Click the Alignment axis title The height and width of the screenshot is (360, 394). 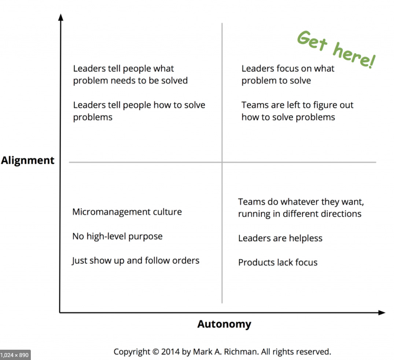click(27, 161)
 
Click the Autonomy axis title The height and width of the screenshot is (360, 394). click(224, 324)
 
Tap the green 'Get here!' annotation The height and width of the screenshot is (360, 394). click(335, 50)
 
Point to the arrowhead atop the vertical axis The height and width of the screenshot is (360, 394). click(61, 17)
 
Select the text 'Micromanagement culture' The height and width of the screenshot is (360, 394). click(127, 212)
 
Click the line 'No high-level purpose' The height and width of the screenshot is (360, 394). click(117, 236)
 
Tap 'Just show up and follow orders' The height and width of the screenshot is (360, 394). click(136, 261)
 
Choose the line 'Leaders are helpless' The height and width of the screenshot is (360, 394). click(280, 238)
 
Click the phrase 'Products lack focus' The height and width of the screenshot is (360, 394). click(277, 262)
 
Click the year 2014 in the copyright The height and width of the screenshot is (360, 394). click(170, 352)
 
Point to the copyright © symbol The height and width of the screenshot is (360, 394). click(155, 352)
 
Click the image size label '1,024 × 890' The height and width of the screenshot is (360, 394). click(15, 355)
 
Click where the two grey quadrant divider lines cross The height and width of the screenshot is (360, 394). click(222, 162)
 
